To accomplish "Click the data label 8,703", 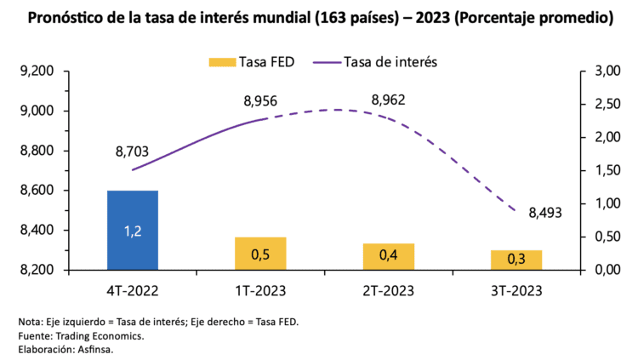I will coord(132,152).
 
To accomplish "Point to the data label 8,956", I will coord(260,101).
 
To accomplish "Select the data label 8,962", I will coord(388,100).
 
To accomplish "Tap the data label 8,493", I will coord(545,213).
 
